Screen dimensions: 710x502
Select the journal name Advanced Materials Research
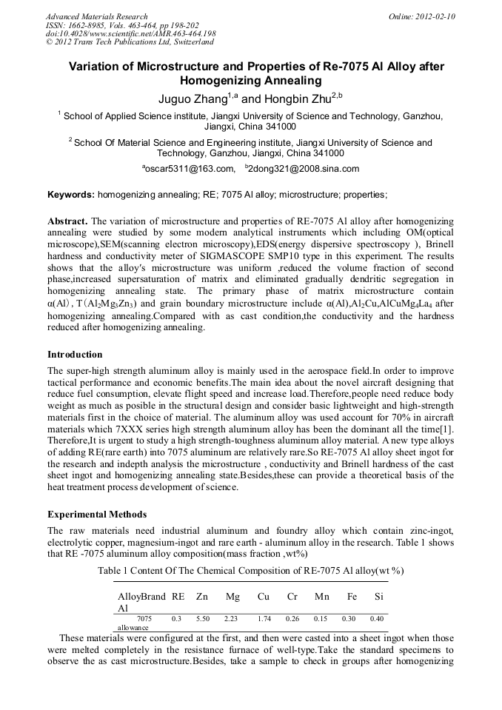point(96,16)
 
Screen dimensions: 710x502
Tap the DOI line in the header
point(130,34)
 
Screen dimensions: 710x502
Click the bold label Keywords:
point(71,195)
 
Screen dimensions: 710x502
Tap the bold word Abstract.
point(67,221)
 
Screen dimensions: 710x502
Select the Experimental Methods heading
point(97,514)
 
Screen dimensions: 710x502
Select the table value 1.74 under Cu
point(264,617)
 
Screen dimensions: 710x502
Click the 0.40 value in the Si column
point(377,617)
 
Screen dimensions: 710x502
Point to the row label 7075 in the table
point(144,617)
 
